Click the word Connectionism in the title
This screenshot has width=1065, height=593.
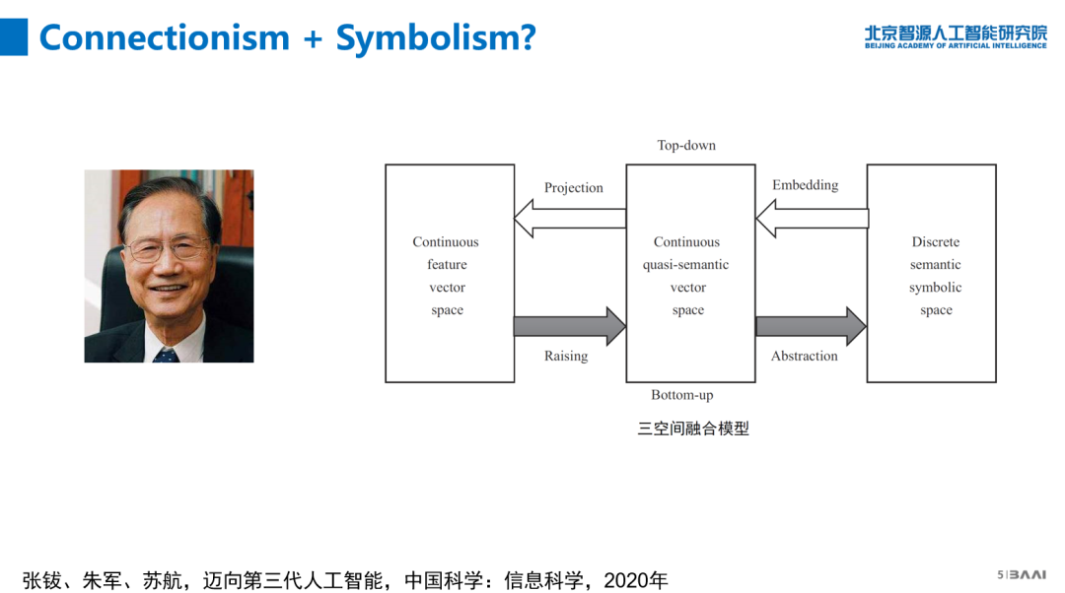(165, 37)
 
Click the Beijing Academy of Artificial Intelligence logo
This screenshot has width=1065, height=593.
(955, 35)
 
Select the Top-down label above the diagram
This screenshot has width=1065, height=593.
(686, 146)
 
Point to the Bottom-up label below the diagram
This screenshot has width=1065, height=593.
(681, 395)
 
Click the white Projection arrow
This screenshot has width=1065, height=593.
(570, 218)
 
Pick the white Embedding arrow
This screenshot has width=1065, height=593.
(812, 218)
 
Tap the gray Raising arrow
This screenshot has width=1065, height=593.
(570, 326)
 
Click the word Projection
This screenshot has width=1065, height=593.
(573, 188)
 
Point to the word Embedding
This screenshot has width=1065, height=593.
(805, 185)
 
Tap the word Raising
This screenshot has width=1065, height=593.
(566, 357)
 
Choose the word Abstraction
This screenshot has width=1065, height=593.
(804, 357)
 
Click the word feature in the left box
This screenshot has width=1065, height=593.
(447, 265)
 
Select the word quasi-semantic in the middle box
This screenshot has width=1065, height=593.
(686, 265)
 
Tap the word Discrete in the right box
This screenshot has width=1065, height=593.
(935, 242)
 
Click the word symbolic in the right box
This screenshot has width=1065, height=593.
(935, 288)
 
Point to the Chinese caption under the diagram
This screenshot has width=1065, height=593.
(693, 428)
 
